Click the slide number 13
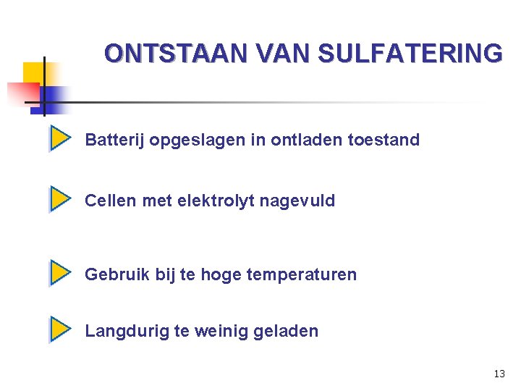499,374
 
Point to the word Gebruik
117,274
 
